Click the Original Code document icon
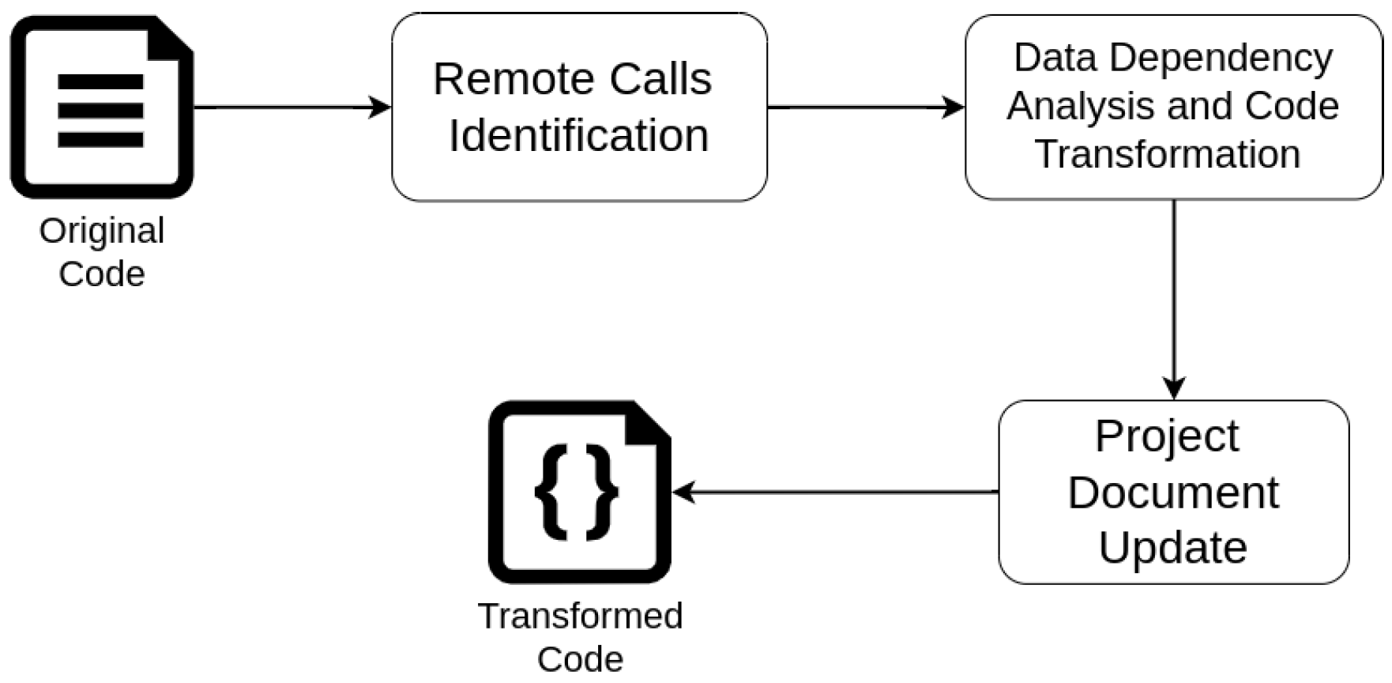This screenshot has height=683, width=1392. point(101,108)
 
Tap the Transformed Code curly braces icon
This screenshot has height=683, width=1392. point(579,492)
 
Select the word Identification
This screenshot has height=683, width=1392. point(578,135)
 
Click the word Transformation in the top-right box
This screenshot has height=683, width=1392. point(1168,154)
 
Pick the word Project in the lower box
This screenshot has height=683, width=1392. point(1167,436)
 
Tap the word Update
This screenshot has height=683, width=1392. point(1172,547)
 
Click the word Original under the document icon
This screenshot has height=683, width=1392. point(102,232)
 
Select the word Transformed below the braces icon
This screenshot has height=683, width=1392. point(580,616)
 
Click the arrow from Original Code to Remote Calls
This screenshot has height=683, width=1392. point(292,108)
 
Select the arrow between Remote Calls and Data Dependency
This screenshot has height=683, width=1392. point(865,108)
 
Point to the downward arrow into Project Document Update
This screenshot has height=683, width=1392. point(1174,300)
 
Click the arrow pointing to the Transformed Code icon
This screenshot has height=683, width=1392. point(833,492)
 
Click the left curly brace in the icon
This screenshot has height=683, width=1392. point(552,492)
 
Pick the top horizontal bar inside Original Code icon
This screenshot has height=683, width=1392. point(100,81)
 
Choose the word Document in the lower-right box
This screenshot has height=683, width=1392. point(1172,492)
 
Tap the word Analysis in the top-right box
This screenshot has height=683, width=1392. point(1058,106)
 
